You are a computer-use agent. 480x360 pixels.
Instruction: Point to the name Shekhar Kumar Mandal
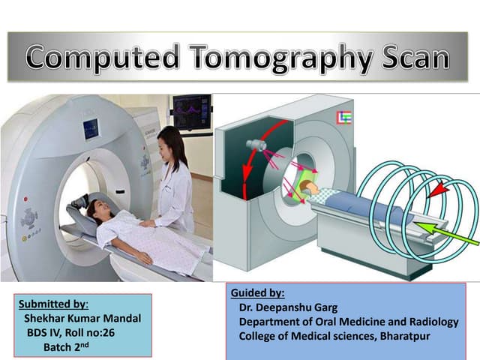[x=82, y=319]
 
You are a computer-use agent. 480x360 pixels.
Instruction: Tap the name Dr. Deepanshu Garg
[x=286, y=307]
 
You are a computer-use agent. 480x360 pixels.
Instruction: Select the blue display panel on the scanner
[x=91, y=129]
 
